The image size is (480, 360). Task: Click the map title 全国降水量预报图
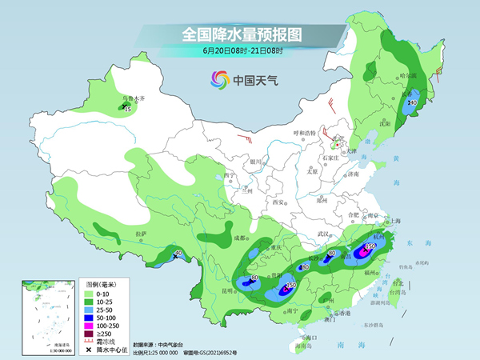click(239, 34)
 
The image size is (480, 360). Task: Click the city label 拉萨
click(142, 234)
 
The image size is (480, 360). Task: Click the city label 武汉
click(324, 234)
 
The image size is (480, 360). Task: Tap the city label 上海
click(394, 221)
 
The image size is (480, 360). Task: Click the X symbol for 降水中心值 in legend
click(89, 350)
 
